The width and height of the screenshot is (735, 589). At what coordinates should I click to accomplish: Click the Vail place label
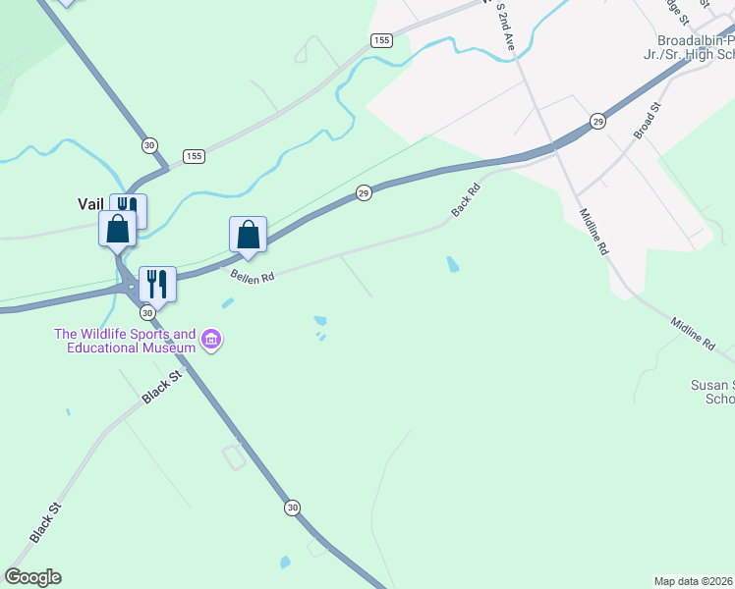click(90, 204)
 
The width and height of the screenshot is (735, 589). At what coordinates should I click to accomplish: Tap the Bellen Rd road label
click(252, 277)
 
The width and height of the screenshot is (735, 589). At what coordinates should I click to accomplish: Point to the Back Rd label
click(465, 199)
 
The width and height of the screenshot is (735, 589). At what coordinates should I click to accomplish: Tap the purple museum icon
click(210, 341)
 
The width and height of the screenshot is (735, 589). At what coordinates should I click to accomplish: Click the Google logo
click(32, 577)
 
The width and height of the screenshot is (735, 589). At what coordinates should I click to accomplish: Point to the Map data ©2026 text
click(694, 580)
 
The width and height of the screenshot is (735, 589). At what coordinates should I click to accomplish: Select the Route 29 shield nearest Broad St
click(597, 121)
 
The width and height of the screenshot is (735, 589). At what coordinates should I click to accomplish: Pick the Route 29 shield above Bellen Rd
click(363, 193)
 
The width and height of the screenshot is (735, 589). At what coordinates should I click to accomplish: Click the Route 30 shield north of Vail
click(148, 144)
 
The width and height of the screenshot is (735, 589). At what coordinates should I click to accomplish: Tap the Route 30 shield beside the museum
click(146, 312)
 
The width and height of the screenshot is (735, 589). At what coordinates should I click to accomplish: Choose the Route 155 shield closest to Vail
click(194, 157)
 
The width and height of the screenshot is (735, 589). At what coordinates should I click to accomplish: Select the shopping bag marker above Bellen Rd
click(248, 236)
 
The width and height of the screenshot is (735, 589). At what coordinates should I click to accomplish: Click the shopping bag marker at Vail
click(117, 230)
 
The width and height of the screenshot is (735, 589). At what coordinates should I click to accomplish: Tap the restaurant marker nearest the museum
click(157, 284)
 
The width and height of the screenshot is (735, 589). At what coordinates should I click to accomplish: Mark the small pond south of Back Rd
click(452, 264)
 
